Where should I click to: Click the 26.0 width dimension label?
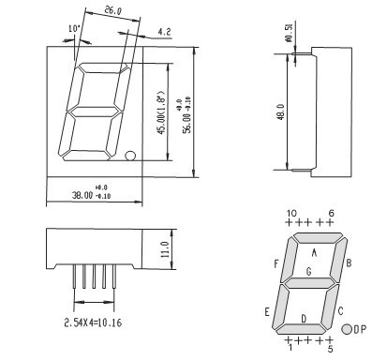pos(112,11)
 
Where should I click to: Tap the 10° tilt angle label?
pos(75,29)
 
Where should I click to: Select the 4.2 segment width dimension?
pos(164,32)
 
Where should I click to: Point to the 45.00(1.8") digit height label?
pos(160,112)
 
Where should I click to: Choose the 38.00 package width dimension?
pos(82,195)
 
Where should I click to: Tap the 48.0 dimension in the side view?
pos(281,112)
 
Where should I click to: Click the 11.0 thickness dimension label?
pos(165,249)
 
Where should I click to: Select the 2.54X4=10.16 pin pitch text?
pos(93,322)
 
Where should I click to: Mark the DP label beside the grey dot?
pos(360,329)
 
